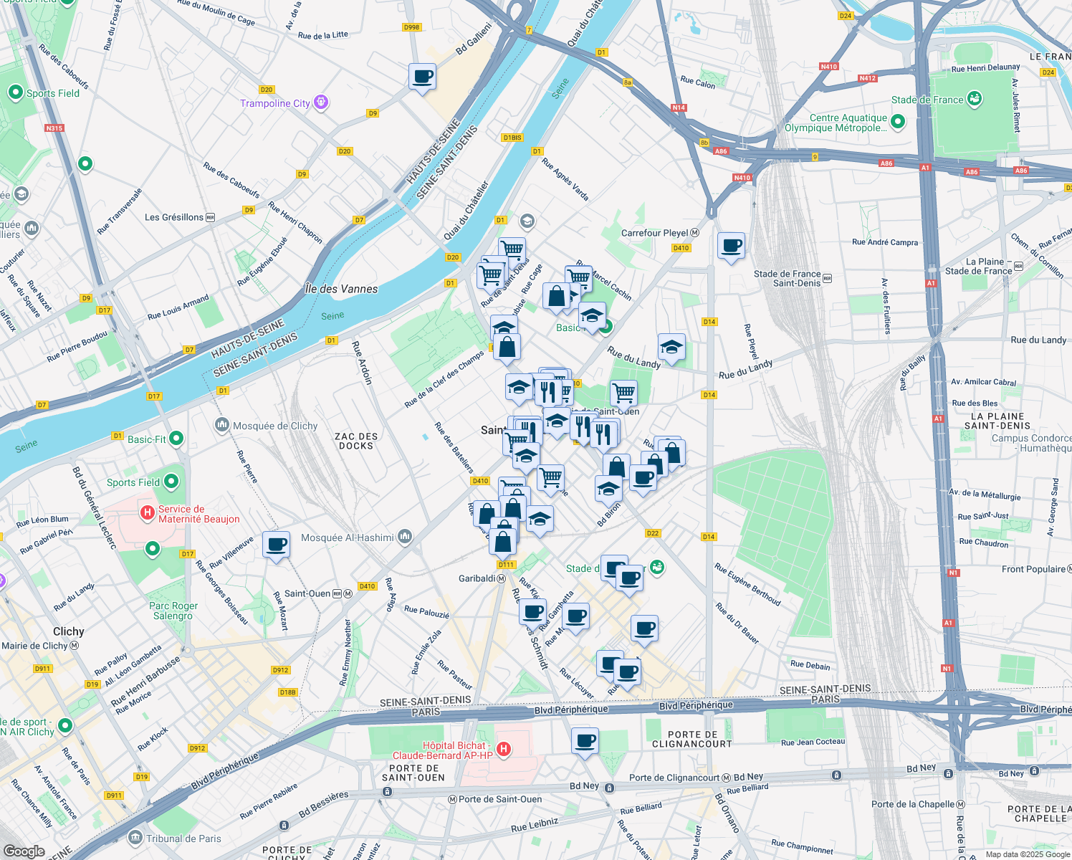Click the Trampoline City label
point(275,103)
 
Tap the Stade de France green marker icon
point(975,99)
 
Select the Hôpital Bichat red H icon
point(504,750)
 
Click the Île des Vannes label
point(341,289)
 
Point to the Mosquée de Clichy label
point(275,426)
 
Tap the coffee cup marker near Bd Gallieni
point(422,76)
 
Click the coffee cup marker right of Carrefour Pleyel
point(731,246)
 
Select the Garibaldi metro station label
point(477,578)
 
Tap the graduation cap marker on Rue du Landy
point(671,348)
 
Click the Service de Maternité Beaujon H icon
point(148,512)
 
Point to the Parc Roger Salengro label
point(173,611)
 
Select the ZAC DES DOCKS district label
point(356,441)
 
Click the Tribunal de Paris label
point(183,838)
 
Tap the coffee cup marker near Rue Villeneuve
point(276,545)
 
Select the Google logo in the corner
point(24,851)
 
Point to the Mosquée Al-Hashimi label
point(348,537)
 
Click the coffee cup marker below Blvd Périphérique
point(585,740)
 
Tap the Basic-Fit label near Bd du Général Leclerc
point(146,439)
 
